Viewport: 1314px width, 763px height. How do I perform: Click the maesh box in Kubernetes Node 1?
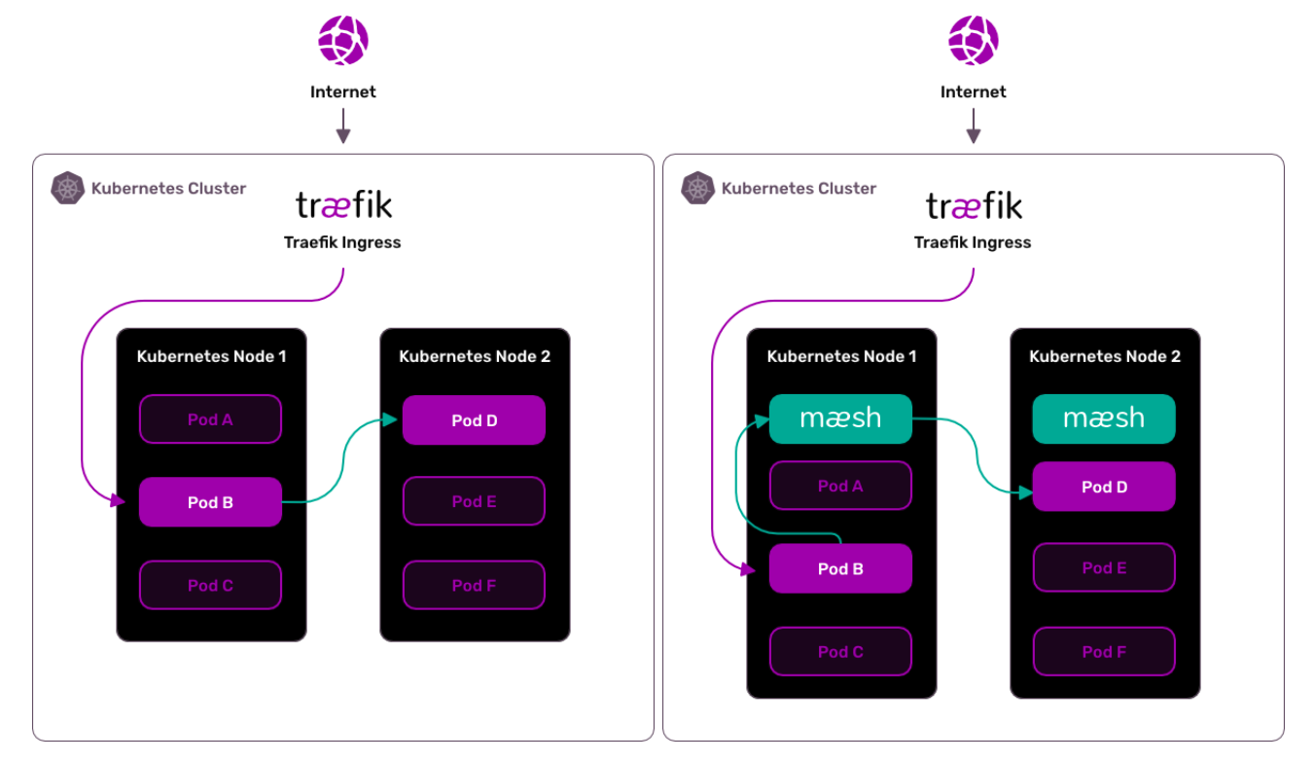point(840,418)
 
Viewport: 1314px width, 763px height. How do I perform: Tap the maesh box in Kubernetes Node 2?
point(1104,418)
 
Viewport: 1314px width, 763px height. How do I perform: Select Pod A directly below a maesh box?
point(840,486)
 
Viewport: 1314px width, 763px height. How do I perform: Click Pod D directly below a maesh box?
point(1104,487)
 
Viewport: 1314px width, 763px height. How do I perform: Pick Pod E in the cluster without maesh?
point(474,501)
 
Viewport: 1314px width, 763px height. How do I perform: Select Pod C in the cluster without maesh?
point(210,585)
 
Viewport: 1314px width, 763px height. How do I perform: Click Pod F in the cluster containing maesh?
point(1104,651)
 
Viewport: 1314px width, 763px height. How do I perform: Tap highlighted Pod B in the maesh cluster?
point(840,568)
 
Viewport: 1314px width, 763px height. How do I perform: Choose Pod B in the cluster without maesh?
point(210,502)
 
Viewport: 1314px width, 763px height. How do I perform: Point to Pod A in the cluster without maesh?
point(210,419)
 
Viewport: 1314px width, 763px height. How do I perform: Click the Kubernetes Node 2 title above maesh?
point(1105,356)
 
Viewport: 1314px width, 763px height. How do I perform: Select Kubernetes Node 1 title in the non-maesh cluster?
point(211,356)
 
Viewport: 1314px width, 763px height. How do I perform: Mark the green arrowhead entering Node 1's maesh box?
point(762,421)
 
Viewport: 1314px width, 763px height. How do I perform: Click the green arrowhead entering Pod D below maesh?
point(1025,492)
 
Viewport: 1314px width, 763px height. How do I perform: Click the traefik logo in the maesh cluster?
point(974,206)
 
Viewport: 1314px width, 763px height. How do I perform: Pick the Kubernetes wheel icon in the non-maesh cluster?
point(67,188)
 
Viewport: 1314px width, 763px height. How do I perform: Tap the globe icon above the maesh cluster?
point(974,41)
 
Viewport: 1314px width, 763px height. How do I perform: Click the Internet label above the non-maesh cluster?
point(342,91)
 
